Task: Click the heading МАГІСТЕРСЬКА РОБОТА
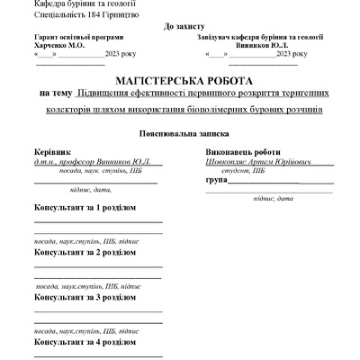point(179,79)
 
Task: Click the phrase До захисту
point(184,28)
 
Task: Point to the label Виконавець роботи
point(241,152)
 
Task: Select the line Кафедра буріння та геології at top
point(73,4)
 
